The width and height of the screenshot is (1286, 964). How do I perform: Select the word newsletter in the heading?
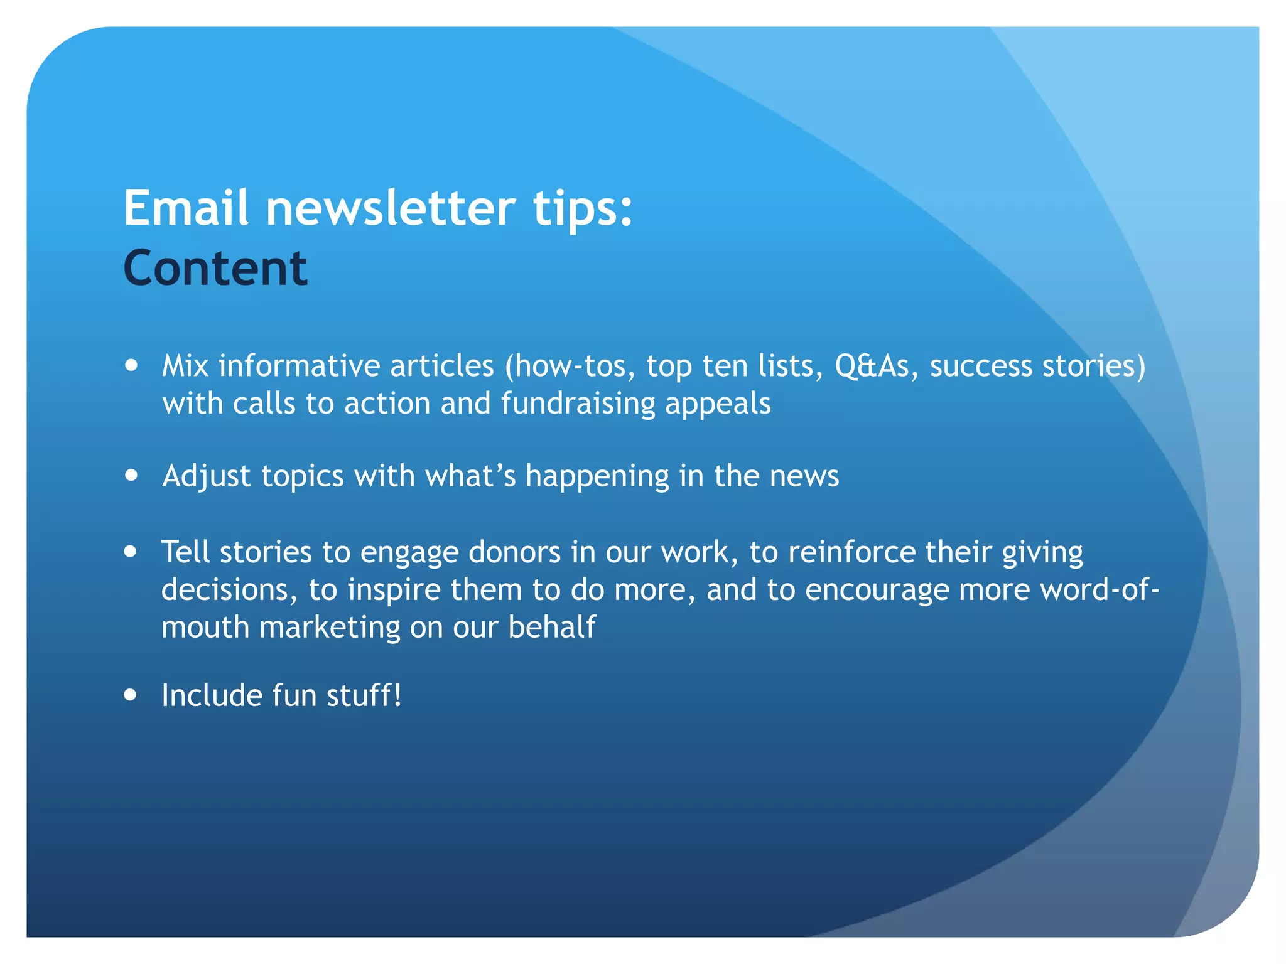tap(391, 208)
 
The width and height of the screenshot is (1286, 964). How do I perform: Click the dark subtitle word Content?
tap(215, 268)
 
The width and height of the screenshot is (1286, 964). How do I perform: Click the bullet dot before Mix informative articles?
tap(131, 365)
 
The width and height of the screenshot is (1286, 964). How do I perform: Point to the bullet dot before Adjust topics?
tap(131, 475)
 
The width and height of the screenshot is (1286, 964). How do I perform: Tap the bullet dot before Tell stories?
tap(131, 552)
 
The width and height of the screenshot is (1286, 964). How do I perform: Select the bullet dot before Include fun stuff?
tap(131, 695)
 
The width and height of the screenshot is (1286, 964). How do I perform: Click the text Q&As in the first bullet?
tap(872, 366)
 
